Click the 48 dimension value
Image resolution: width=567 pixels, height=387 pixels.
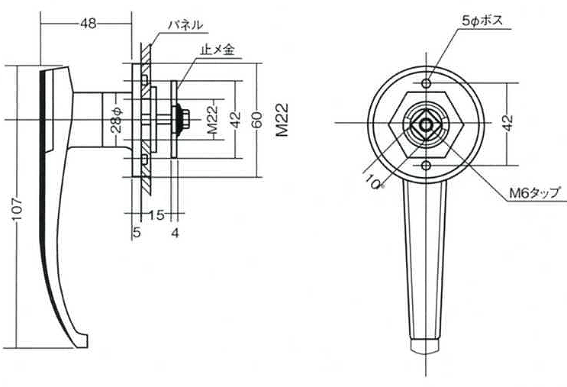(x=89, y=24)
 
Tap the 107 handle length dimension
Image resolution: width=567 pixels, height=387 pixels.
(x=17, y=208)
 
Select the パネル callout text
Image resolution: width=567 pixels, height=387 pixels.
(x=185, y=25)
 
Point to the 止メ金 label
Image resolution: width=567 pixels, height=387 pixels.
(x=217, y=50)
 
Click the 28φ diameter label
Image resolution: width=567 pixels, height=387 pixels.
(x=118, y=120)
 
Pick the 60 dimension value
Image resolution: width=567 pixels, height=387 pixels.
(x=256, y=120)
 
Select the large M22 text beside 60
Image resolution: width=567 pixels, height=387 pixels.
(x=282, y=120)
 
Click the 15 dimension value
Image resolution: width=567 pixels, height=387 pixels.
(x=156, y=215)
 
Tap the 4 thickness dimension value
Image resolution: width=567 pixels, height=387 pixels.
(x=175, y=233)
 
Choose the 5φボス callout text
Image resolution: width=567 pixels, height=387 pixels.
(x=482, y=21)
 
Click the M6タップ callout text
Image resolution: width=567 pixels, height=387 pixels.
(x=535, y=193)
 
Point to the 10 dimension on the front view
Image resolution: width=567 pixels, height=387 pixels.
(x=373, y=181)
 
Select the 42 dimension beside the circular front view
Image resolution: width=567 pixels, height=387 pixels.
(x=508, y=124)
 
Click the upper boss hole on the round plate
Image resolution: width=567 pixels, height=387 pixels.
(x=427, y=83)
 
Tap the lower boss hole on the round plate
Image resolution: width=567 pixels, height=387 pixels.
(x=427, y=166)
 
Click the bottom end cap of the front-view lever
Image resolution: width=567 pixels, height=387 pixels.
(x=425, y=346)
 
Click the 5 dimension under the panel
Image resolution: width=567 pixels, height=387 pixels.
(x=137, y=233)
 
